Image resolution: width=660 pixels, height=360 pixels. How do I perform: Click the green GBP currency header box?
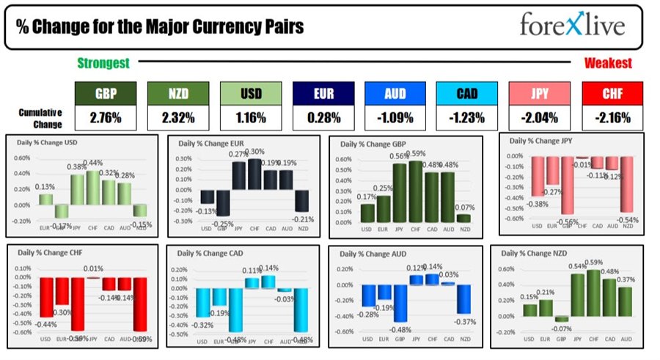point(106,94)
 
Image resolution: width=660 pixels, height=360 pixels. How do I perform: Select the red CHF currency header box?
point(612,94)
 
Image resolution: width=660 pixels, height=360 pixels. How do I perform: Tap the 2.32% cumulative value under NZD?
point(178,117)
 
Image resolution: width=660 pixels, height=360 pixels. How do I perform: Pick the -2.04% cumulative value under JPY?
point(539,117)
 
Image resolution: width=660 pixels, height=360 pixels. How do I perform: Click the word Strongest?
point(103,64)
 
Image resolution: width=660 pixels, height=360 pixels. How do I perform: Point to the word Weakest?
point(607,64)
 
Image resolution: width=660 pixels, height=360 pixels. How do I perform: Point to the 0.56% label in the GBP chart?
point(400,157)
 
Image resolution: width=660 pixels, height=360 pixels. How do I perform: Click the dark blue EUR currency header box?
point(323,94)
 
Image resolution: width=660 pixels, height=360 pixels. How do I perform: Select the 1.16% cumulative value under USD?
point(250,117)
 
